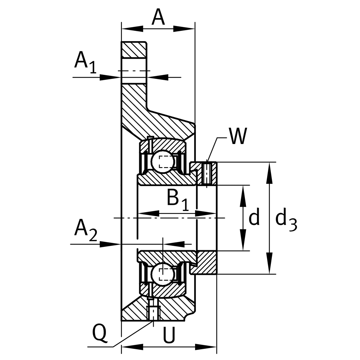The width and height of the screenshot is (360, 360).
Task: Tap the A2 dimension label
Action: coord(85,231)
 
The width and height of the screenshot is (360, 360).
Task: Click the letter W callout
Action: coord(237,137)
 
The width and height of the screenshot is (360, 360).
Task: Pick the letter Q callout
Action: coord(100,333)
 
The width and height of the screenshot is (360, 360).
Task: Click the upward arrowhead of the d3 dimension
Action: coord(270,173)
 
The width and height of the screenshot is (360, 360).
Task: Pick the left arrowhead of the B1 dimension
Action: coord(149,214)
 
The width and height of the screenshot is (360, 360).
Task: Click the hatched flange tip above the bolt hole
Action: coord(134,49)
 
